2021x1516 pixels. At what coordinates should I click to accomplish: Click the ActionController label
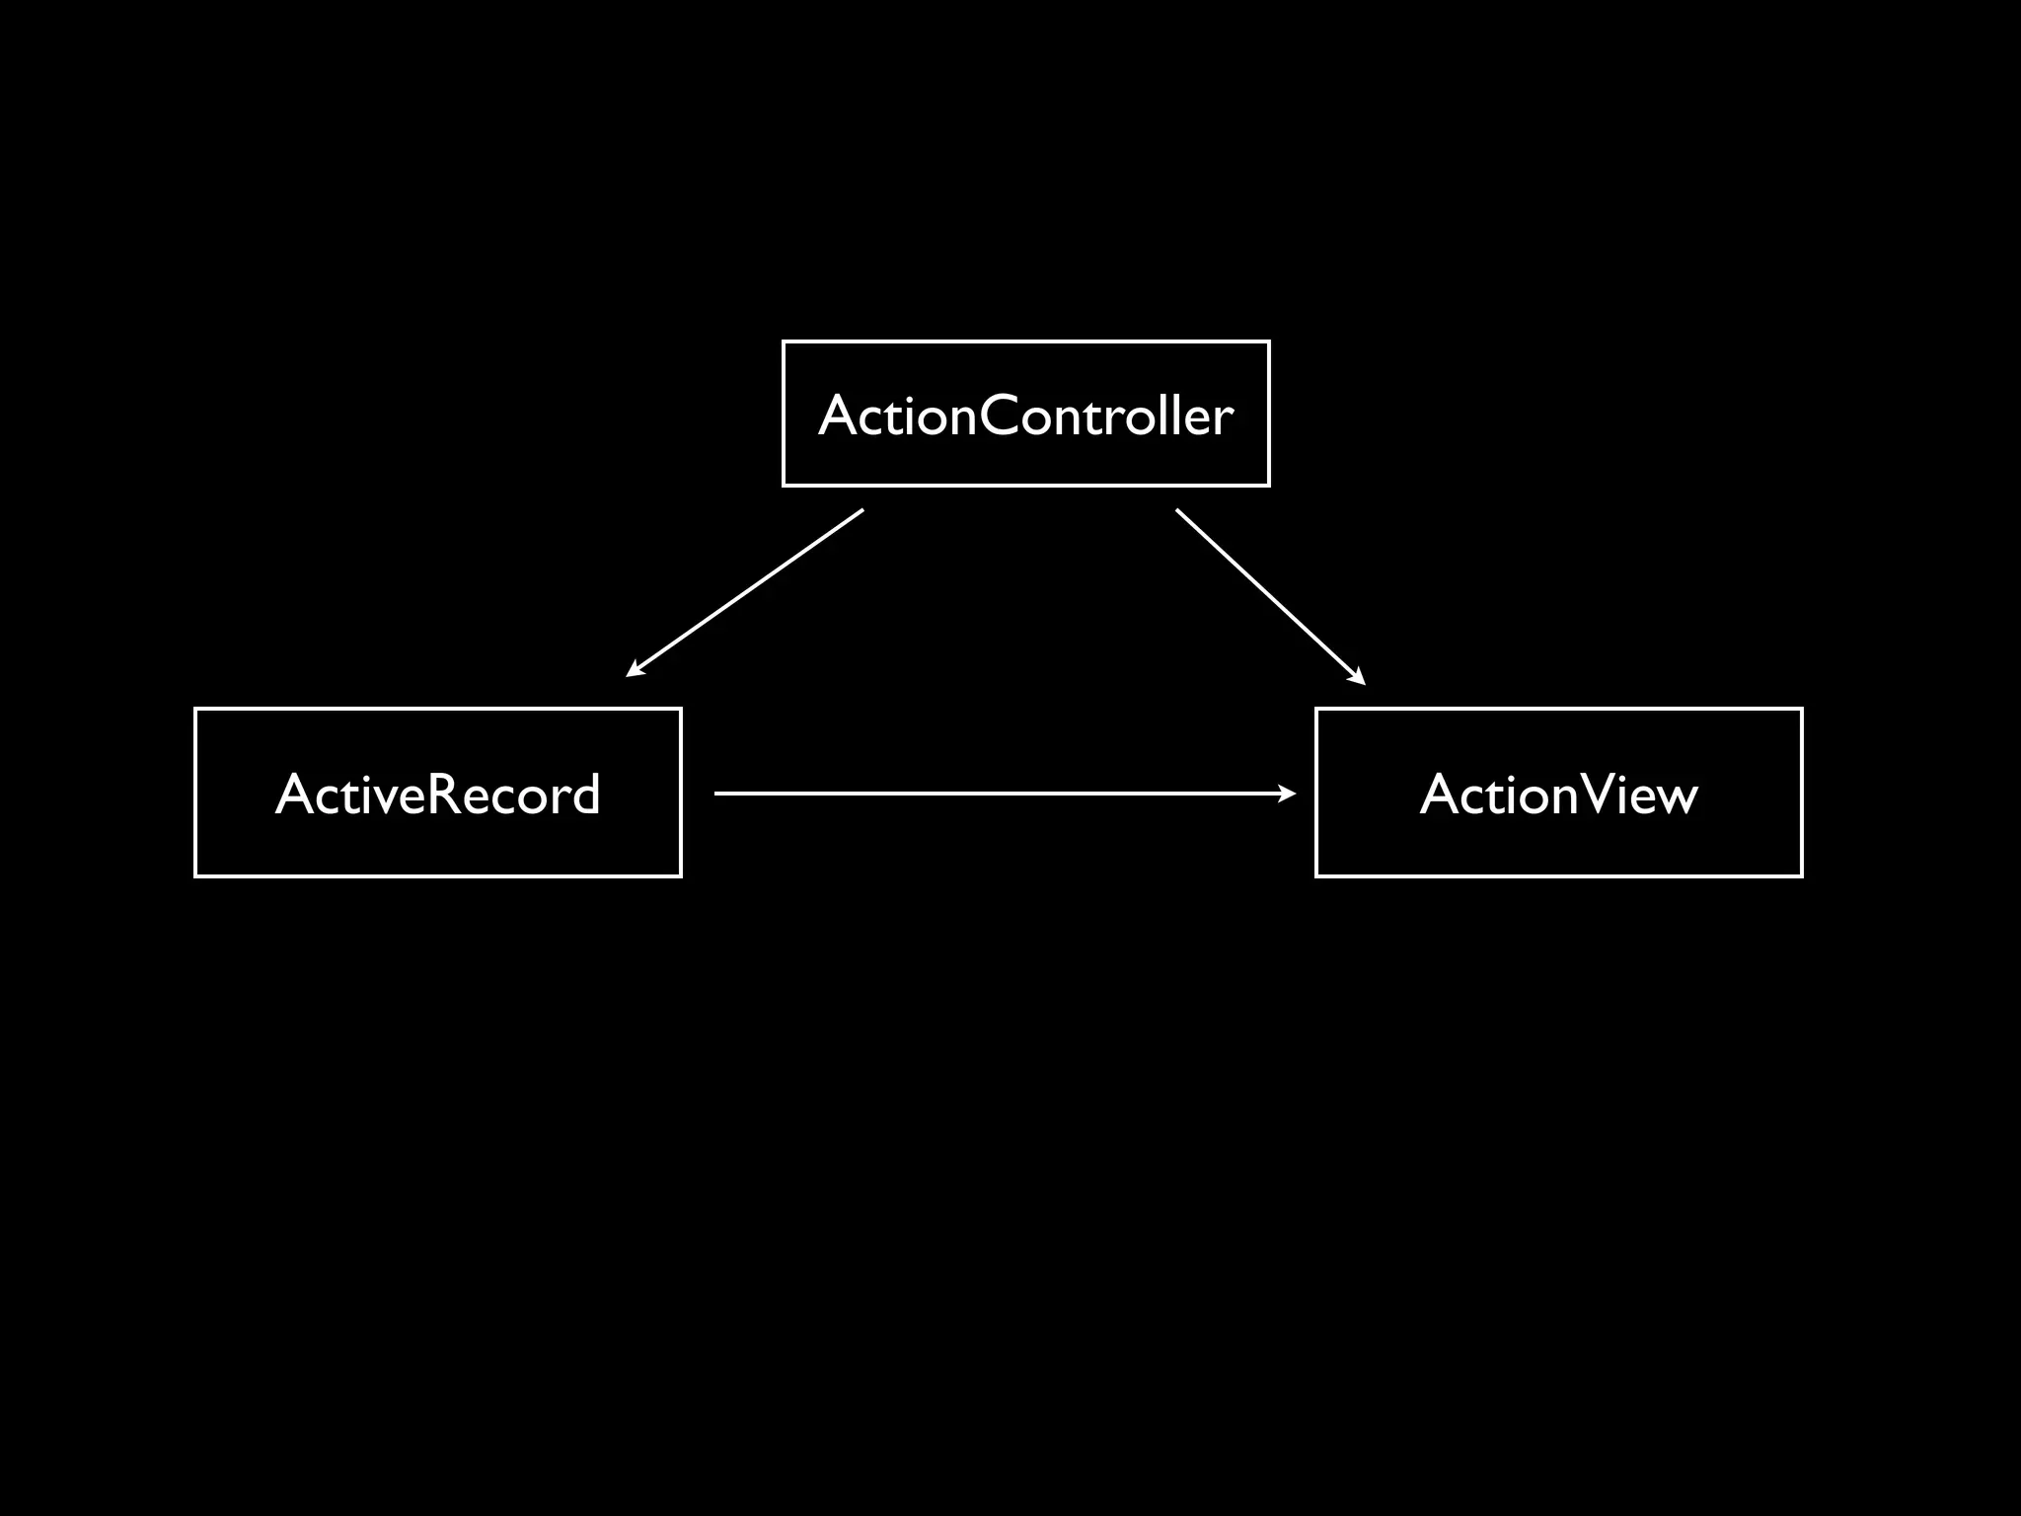point(1025,416)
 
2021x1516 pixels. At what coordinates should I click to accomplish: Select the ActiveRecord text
point(437,795)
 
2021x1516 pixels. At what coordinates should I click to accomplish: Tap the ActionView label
point(1558,795)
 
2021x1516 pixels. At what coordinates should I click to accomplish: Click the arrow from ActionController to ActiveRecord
point(745,592)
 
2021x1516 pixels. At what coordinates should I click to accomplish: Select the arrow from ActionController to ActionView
point(1270,596)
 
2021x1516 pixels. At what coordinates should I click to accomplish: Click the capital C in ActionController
point(1000,416)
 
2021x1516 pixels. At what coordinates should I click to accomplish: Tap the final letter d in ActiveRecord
point(585,795)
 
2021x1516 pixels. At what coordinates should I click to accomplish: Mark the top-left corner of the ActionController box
point(784,342)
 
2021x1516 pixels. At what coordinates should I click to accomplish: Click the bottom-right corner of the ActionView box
point(1801,875)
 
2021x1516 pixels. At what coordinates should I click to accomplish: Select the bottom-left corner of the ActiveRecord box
point(196,875)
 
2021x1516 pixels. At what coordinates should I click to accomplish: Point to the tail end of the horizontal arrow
point(715,793)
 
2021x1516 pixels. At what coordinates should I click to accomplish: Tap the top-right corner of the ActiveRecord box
point(680,710)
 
